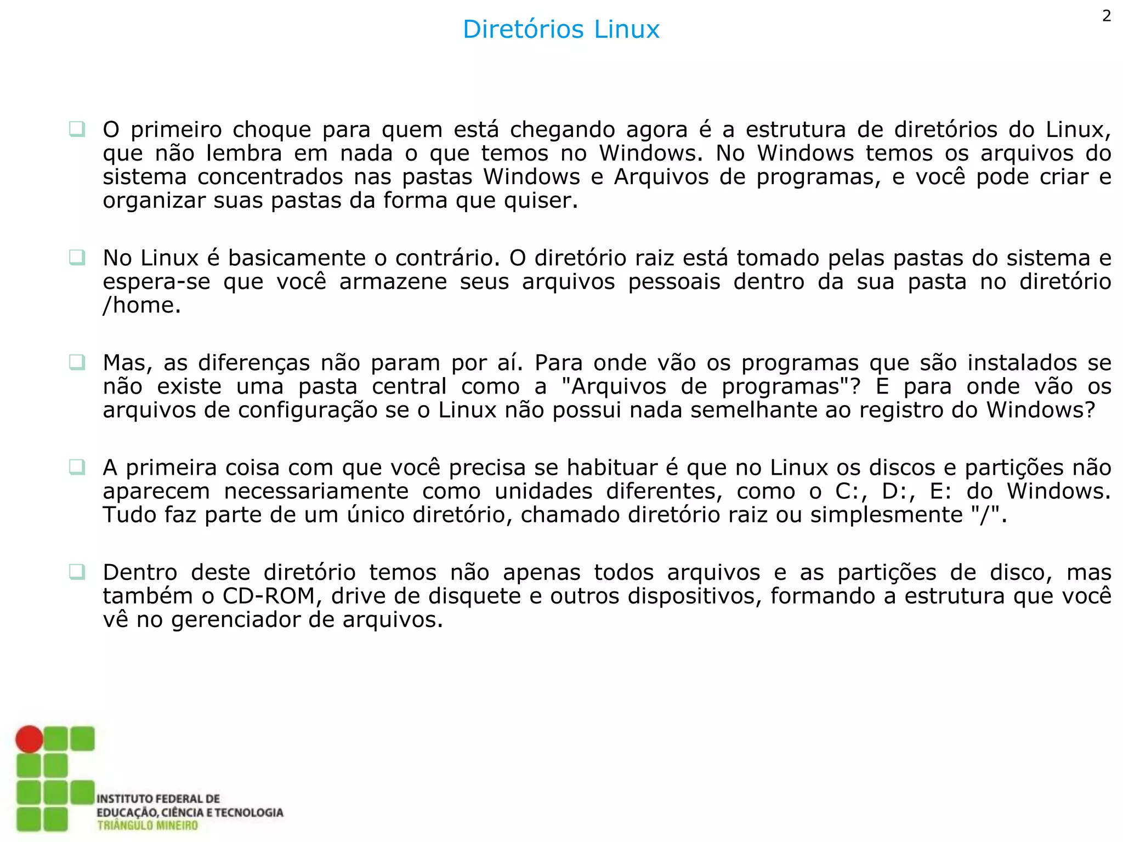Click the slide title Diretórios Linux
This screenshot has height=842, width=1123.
(561, 29)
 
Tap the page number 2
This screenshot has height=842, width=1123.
(1107, 16)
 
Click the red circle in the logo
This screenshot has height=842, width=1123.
(29, 739)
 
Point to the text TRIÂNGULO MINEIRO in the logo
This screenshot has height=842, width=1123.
(148, 826)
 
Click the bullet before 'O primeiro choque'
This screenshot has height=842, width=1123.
(77, 129)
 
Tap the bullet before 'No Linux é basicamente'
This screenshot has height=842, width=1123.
(77, 257)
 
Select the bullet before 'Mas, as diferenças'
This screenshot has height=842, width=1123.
(77, 362)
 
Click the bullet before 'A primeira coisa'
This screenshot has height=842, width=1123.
(77, 467)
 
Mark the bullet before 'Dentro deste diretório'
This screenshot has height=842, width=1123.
(77, 572)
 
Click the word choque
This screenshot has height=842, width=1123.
(271, 130)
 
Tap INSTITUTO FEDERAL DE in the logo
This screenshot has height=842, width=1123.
(158, 799)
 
